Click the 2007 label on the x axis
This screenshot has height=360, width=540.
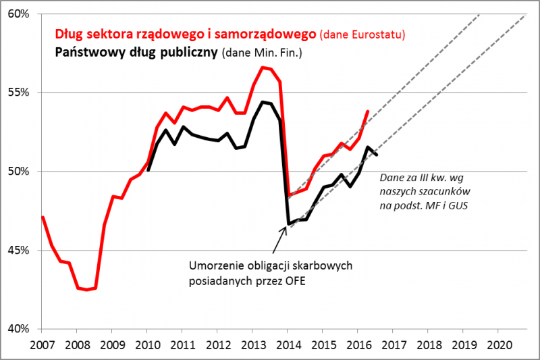click(x=42, y=344)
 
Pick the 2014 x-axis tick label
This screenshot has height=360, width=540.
click(x=287, y=344)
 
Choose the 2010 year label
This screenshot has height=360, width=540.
click(x=147, y=344)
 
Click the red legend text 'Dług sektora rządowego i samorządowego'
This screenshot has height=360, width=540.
click(x=186, y=33)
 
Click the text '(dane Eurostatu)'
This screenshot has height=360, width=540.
click(x=362, y=34)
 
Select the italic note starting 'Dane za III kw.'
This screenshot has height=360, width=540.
click(x=424, y=192)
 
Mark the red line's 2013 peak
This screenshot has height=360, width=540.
click(x=262, y=68)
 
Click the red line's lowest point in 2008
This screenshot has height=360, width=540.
click(x=86, y=290)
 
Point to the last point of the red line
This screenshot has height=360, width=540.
click(x=368, y=111)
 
